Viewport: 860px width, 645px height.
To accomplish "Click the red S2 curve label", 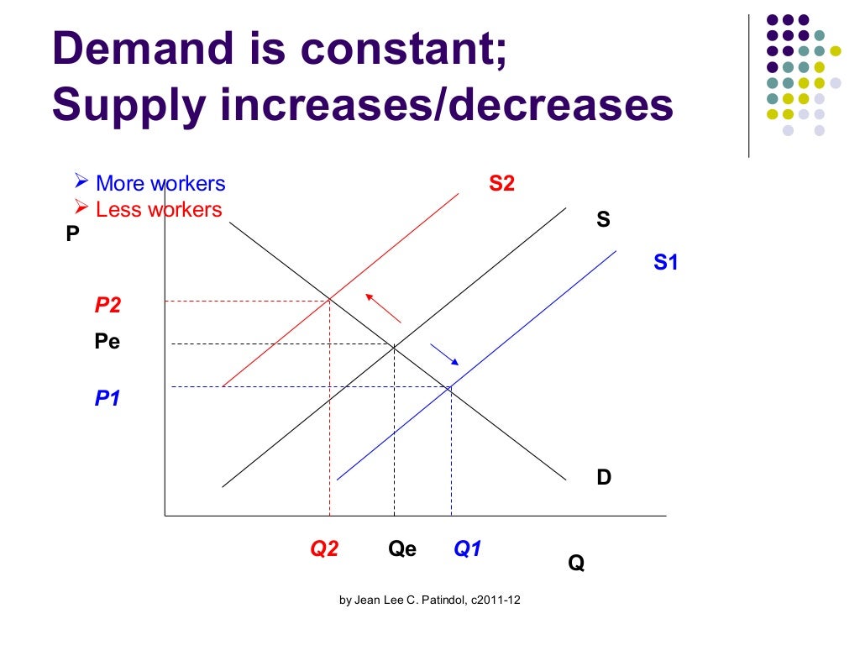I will point(501,184).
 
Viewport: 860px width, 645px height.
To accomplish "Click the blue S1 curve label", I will point(665,263).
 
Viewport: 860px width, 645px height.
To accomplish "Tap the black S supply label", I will point(602,222).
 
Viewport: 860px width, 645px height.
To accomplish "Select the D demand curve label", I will point(604,478).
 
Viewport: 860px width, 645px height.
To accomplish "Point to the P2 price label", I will point(107,305).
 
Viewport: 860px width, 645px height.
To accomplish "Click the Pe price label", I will point(107,343).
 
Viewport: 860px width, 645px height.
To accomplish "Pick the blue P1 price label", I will point(107,399).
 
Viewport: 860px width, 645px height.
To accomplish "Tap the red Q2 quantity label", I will point(324,549).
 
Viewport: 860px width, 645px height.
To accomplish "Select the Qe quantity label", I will point(402,549).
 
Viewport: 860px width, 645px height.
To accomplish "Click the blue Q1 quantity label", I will point(467,549).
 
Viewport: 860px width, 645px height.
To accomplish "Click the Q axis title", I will point(576,564).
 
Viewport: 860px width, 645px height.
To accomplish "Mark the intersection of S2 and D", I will point(329,300).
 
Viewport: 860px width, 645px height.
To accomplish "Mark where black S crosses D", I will point(394,343).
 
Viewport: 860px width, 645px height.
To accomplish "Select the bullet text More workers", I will point(160,183).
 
